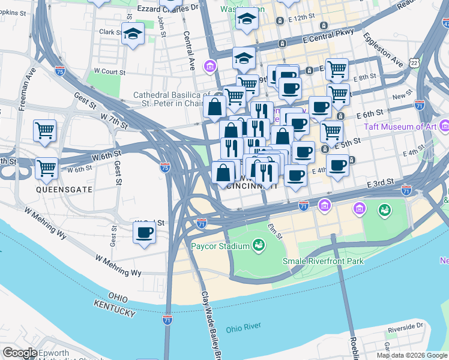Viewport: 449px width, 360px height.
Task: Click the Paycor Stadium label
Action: click(x=220, y=247)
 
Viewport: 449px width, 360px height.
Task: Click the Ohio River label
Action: click(x=243, y=329)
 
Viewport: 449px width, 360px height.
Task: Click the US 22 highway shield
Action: click(x=415, y=62)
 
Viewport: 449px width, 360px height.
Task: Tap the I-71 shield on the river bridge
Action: click(x=167, y=319)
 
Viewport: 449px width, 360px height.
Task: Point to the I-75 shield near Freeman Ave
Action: click(x=59, y=70)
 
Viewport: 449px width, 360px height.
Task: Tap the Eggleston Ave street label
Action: click(x=381, y=48)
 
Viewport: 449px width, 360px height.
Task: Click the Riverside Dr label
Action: click(x=405, y=328)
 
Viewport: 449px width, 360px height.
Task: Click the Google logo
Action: click(x=20, y=353)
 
